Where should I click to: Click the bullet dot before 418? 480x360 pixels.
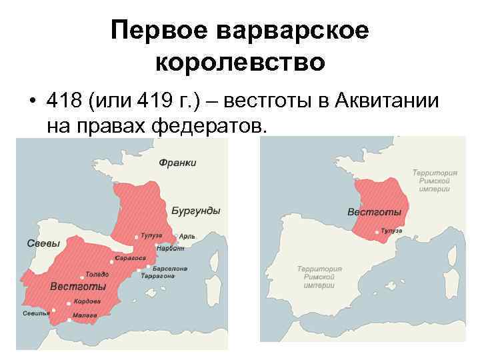tap(32, 103)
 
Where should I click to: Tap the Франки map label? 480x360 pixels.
tap(177, 163)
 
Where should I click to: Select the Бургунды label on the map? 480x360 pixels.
tap(196, 211)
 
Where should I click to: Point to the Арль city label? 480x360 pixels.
tap(187, 236)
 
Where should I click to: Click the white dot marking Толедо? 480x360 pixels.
tap(81, 275)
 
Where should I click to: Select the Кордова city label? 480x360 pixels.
tap(87, 301)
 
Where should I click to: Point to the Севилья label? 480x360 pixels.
tap(36, 313)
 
